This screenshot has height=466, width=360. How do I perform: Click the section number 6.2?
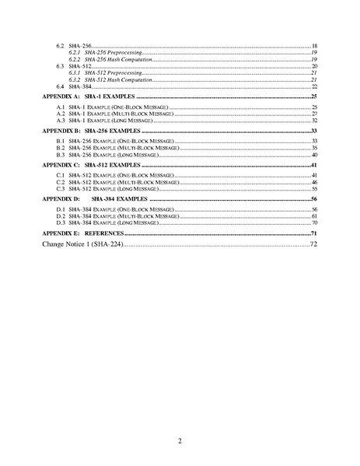click(x=61, y=47)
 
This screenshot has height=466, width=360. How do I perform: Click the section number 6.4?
click(x=61, y=86)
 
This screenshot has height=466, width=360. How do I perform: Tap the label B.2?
click(x=61, y=148)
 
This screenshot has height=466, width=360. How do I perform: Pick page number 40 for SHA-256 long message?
click(x=314, y=156)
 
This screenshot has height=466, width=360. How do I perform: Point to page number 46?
click(x=314, y=183)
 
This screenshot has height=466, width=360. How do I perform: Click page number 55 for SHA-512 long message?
click(x=314, y=190)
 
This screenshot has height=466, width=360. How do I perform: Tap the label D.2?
click(x=61, y=216)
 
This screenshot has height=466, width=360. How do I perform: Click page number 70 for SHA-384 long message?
click(x=314, y=223)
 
